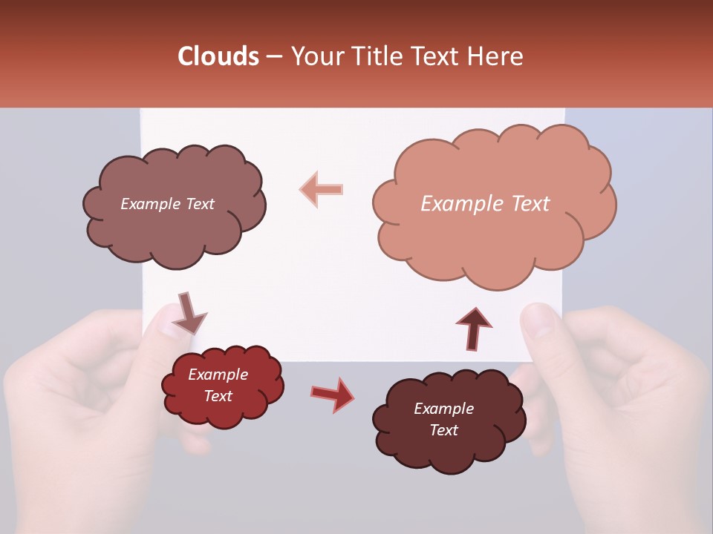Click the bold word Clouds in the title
tap(218, 56)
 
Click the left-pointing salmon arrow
tap(321, 190)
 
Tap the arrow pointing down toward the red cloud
tap(189, 314)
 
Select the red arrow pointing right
tap(333, 394)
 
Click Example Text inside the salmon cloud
tap(485, 204)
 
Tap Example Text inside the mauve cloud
tap(167, 204)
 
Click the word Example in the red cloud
tap(218, 375)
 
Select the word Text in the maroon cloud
tap(443, 430)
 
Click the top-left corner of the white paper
tap(142, 110)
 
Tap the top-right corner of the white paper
tap(564, 110)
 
